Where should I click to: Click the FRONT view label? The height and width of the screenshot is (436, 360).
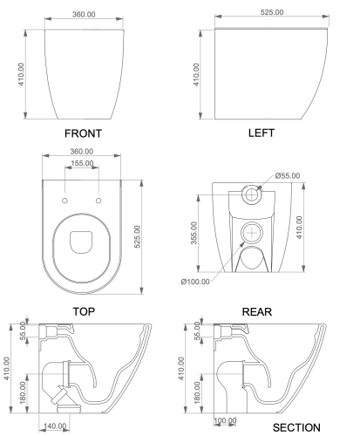pyautogui.click(x=83, y=134)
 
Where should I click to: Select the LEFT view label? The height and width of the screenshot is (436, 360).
pyautogui.click(x=261, y=133)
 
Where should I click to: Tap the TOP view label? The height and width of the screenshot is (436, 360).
pyautogui.click(x=84, y=310)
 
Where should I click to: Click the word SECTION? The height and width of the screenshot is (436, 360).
pyautogui.click(x=296, y=428)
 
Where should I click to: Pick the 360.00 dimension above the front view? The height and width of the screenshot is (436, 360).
pyautogui.click(x=84, y=16)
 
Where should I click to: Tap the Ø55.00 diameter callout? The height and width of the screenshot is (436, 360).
pyautogui.click(x=287, y=176)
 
